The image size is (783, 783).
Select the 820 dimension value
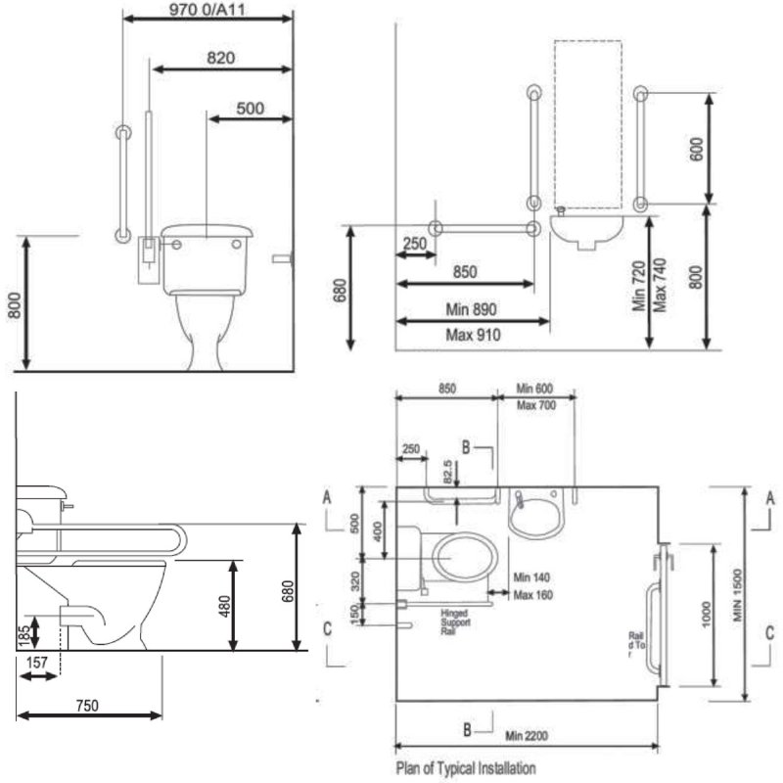click(221, 58)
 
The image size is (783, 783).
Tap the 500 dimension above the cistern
click(250, 109)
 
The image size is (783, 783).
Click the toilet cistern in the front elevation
click(207, 258)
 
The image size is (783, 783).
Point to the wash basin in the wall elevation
click(586, 231)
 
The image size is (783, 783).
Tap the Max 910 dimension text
click(473, 336)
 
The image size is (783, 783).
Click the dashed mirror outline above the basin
click(587, 122)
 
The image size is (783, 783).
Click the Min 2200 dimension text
click(527, 735)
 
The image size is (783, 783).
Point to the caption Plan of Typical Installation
click(465, 768)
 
